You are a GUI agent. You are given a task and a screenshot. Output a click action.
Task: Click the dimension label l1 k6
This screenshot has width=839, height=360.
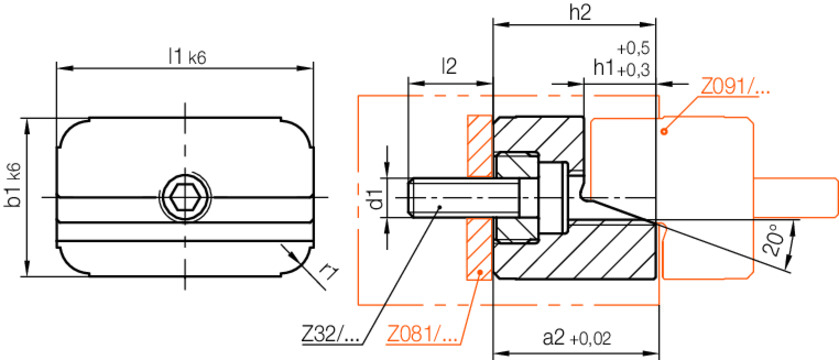pos(187,57)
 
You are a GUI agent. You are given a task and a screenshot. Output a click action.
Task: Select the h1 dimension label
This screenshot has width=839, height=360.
pos(604,68)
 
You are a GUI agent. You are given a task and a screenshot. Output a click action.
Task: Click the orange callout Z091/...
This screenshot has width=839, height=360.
pos(735,87)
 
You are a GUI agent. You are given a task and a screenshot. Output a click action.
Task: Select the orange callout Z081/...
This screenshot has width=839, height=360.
pos(421,333)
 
